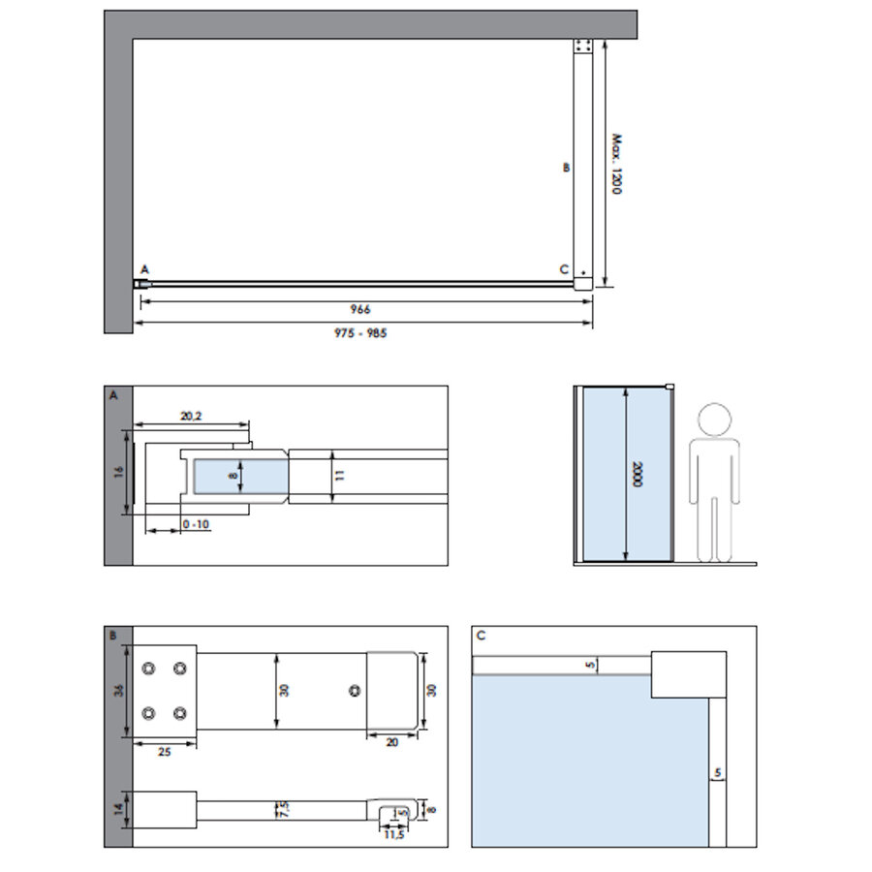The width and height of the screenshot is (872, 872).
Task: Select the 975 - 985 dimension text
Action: pos(362,332)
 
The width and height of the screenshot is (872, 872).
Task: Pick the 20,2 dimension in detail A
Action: pos(191,416)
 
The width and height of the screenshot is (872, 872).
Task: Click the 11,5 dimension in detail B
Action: pos(392,835)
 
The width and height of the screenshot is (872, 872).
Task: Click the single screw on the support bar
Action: pos(355,690)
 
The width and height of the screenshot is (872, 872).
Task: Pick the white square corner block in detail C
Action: pos(688,674)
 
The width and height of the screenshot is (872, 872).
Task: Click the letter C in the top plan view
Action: pos(564,269)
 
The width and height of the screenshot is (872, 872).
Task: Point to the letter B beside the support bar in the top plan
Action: pos(567,167)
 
